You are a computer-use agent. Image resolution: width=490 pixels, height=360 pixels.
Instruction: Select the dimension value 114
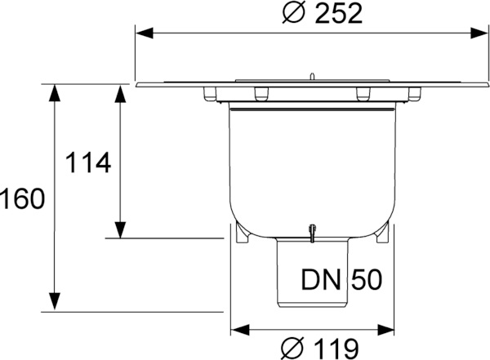pyautogui.click(x=87, y=162)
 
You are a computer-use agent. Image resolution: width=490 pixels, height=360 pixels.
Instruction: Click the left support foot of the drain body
pyautogui.click(x=242, y=236)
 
